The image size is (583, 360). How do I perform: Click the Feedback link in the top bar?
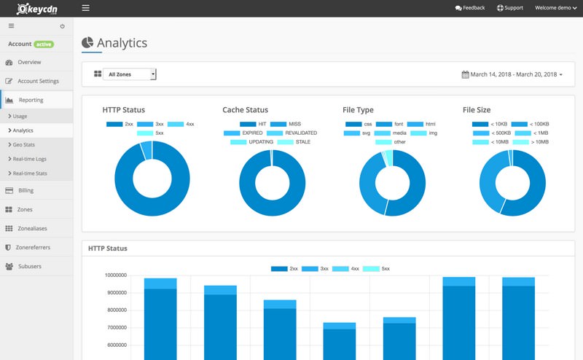point(470,8)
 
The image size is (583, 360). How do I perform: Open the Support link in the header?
point(510,8)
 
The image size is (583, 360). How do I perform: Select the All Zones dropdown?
point(130,74)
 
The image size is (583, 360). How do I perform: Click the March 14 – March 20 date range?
point(512,74)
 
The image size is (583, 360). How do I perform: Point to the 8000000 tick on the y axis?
point(115,310)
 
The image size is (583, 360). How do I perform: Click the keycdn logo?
point(37,9)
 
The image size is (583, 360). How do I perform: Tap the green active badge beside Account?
point(44,44)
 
